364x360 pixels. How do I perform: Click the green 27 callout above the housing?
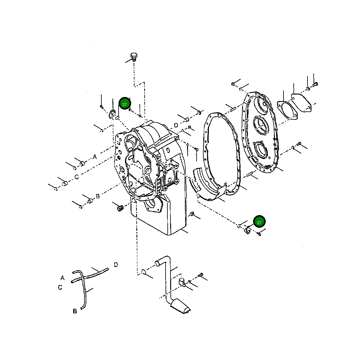(x=125, y=104)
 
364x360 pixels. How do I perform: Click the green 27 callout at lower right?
(x=259, y=222)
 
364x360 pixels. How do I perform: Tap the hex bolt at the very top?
(x=134, y=57)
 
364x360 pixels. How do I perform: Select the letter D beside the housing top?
(x=176, y=125)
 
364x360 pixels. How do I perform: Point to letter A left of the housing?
(x=95, y=157)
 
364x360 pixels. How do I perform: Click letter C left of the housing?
(x=76, y=177)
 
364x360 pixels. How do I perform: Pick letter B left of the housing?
(x=98, y=196)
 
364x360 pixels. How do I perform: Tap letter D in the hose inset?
(x=116, y=265)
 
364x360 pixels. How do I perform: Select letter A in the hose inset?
(x=63, y=278)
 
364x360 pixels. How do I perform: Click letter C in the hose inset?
(x=60, y=288)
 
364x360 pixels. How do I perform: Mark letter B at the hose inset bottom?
(x=75, y=311)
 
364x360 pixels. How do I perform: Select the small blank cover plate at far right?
(x=301, y=102)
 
